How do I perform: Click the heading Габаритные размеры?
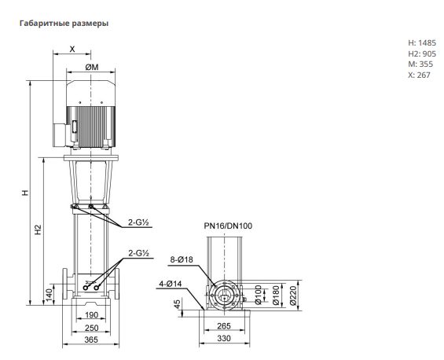64,24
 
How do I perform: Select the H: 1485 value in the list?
422,43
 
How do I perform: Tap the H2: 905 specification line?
422,53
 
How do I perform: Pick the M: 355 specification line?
420,64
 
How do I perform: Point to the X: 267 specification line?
419,75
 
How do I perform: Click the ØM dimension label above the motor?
92,67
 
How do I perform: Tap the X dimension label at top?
72,49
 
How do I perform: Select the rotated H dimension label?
25,193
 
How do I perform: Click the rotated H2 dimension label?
38,230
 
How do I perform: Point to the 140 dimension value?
49,295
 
